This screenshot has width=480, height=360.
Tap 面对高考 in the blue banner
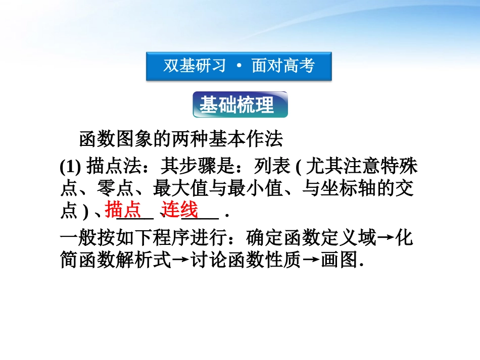tap(283, 66)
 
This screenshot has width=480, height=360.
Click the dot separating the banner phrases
tap(239, 67)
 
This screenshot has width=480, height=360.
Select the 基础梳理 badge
tap(240, 105)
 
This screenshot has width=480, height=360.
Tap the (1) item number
tap(71, 166)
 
